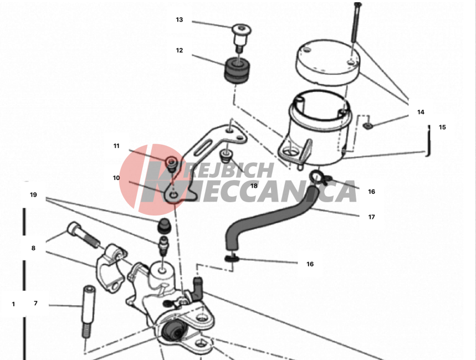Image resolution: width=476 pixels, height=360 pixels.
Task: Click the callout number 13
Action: tap(180, 20)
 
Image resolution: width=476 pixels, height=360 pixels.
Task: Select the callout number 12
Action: tap(180, 50)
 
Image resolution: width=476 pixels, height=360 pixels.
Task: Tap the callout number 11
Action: tap(116, 146)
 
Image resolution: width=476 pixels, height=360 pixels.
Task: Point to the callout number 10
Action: tap(116, 178)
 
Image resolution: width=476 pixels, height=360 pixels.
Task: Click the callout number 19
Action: tap(33, 195)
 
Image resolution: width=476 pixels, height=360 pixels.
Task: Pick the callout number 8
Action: tap(33, 248)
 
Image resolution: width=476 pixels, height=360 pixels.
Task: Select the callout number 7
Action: tap(35, 304)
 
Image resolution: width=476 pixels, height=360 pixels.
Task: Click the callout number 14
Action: tap(421, 112)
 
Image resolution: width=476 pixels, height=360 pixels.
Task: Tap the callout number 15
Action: tap(442, 127)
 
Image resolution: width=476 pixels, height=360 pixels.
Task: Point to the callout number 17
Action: tap(372, 217)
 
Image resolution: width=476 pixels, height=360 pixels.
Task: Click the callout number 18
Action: tap(254, 186)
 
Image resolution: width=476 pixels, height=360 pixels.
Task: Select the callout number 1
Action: tap(13, 304)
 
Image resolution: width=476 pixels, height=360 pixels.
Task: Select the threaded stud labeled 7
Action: tap(88, 311)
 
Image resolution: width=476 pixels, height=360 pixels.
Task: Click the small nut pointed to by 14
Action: tap(367, 125)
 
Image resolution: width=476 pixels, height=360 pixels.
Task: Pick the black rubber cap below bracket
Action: tap(164, 225)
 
